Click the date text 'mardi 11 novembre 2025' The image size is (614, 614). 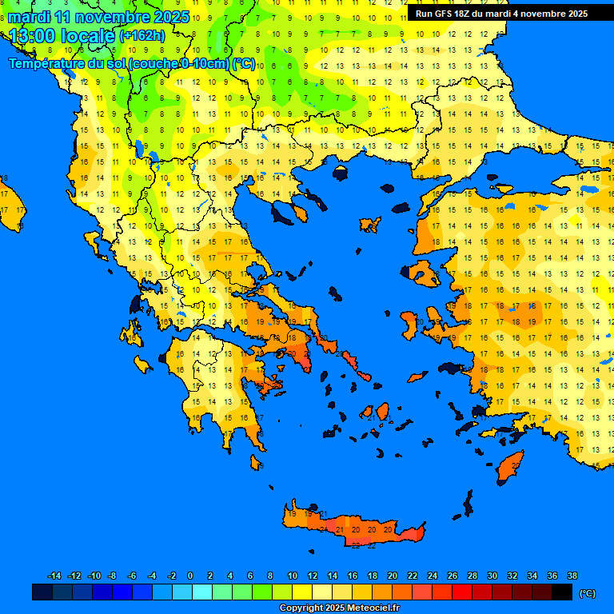point(98,17)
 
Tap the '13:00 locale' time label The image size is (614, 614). point(60,36)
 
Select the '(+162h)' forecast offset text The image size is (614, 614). point(142,36)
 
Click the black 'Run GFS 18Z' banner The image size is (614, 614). point(501,14)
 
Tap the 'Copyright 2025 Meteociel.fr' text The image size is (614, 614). point(339,608)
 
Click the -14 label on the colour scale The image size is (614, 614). point(54,576)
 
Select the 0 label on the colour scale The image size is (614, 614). point(190,576)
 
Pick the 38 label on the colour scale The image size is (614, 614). point(572,576)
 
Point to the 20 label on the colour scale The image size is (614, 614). point(392,576)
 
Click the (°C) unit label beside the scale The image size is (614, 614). point(587,593)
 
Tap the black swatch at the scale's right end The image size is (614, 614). point(562,592)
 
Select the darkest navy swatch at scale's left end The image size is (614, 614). point(42,592)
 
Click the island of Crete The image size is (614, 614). point(360,529)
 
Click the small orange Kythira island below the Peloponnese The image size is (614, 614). point(256,463)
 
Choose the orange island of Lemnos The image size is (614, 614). point(369,225)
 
